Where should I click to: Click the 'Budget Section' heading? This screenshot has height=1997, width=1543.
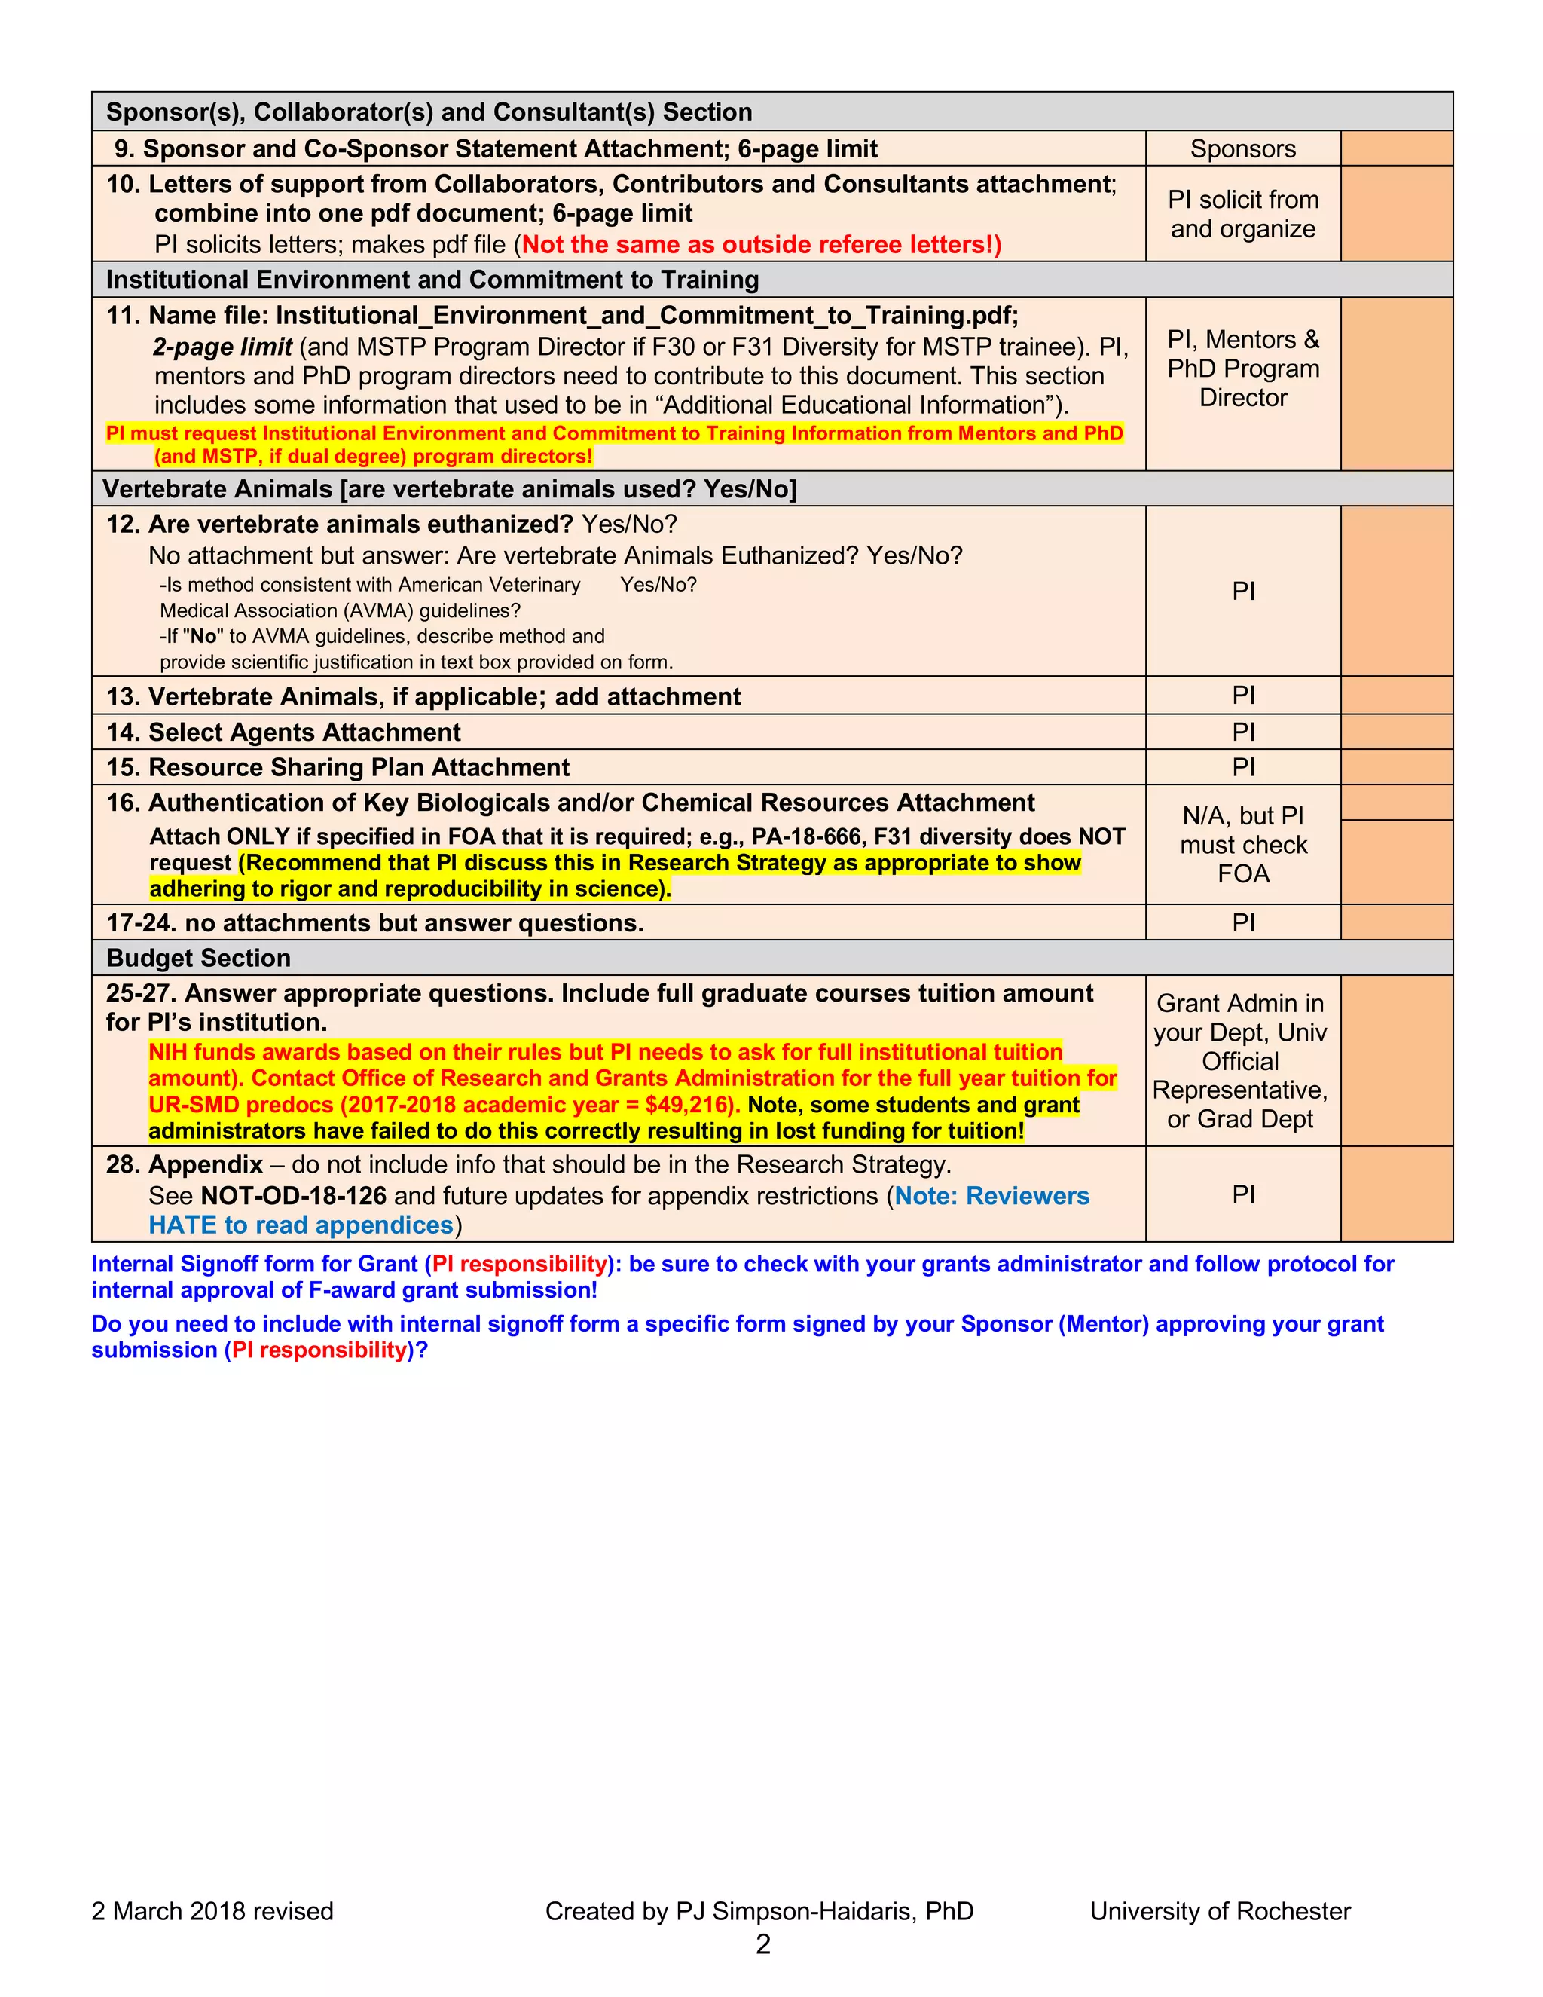[198, 959]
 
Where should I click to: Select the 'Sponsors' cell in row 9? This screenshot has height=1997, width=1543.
[1242, 149]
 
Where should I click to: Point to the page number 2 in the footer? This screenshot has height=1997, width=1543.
[762, 1944]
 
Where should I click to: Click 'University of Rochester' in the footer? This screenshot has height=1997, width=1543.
[1220, 1911]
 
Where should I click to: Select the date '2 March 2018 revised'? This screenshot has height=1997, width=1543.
[212, 1911]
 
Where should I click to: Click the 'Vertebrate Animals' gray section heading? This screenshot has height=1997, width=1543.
[448, 489]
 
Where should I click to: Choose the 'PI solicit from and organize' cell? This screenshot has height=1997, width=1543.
[1242, 214]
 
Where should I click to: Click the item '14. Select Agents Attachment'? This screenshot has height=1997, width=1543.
[283, 732]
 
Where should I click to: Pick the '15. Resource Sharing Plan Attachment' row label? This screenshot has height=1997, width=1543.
[338, 767]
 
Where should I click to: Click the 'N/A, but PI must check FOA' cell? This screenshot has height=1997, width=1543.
[1242, 845]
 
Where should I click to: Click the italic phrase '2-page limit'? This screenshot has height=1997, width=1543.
[222, 347]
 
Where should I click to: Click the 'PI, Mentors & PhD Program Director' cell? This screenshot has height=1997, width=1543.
[1242, 369]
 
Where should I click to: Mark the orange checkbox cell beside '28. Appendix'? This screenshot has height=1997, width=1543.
[1396, 1194]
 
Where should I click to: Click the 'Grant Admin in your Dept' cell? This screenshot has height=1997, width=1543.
[1239, 1061]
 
